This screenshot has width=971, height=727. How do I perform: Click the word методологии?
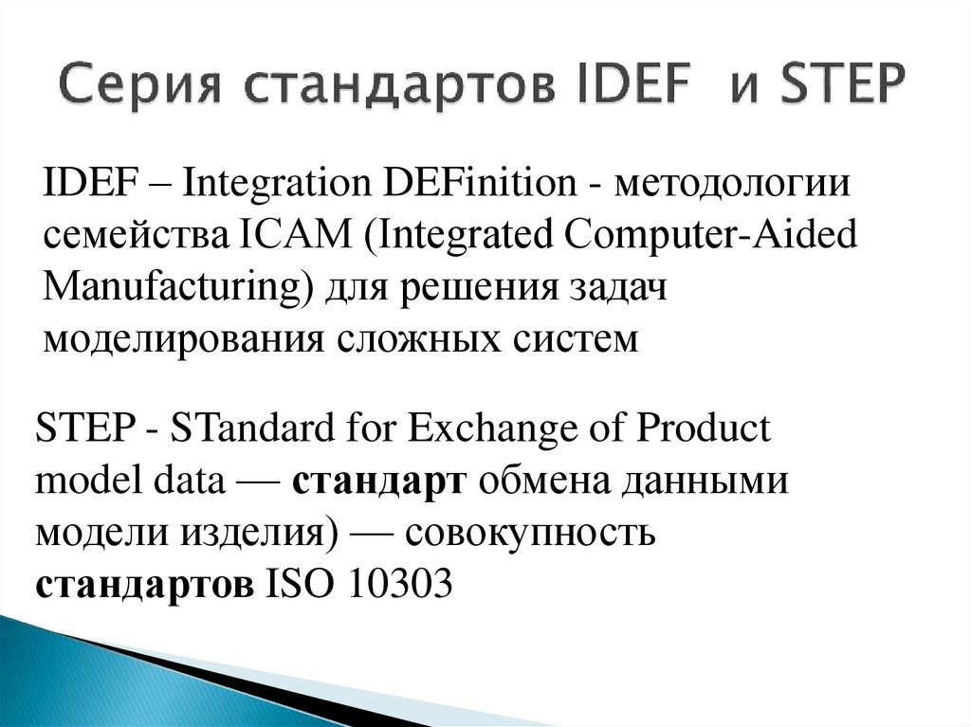coord(730,182)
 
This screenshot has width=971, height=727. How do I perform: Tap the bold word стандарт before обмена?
coord(376,481)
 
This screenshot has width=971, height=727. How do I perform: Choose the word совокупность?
coord(530,533)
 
